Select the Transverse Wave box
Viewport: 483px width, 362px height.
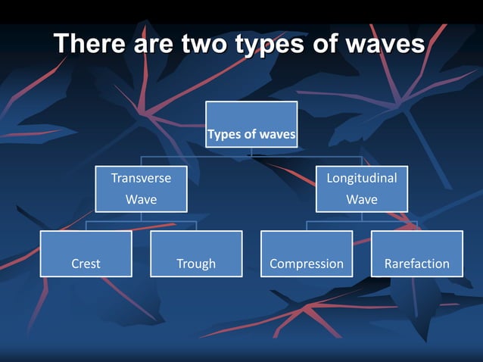coord(141,189)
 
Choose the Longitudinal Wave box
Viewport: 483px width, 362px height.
coord(361,189)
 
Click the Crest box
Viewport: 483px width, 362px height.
coord(86,254)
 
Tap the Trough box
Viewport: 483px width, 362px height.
coord(196,254)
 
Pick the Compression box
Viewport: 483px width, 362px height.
coord(307,254)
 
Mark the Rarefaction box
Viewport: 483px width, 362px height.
coord(416,254)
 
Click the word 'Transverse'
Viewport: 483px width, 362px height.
coord(141,178)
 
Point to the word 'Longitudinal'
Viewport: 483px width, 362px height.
coord(361,178)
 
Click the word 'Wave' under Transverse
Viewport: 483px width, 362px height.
coord(141,200)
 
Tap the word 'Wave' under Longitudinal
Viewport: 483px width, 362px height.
coord(361,200)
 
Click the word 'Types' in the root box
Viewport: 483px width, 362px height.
coord(223,136)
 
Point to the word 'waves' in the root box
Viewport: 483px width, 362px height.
coord(277,136)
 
